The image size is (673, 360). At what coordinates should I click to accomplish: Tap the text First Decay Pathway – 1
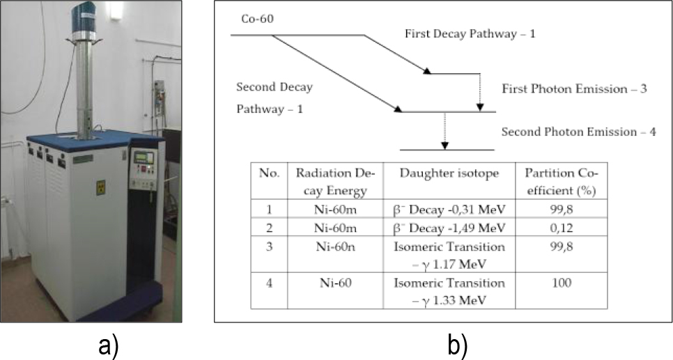[x=470, y=33]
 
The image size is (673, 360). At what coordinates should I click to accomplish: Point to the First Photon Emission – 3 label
[x=575, y=88]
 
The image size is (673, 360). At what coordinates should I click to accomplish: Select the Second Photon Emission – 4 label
[x=578, y=132]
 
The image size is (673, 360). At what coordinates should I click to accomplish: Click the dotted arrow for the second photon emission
[x=444, y=130]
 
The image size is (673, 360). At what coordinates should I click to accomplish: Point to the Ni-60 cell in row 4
[x=332, y=283]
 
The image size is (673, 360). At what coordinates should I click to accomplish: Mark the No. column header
[x=269, y=173]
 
